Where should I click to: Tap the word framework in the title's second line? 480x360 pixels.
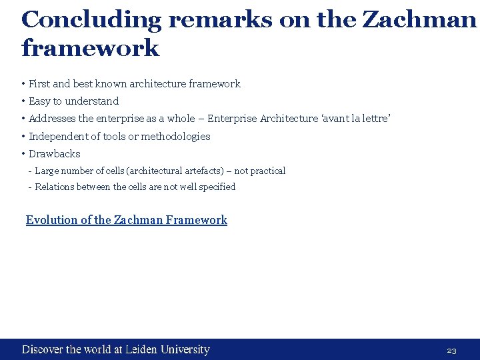[91, 48]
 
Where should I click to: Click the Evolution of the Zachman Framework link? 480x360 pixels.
[126, 220]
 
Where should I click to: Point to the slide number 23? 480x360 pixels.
[451, 351]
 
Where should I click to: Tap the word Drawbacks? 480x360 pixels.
[55, 153]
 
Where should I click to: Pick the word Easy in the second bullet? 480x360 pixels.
[39, 101]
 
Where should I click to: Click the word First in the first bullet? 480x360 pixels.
[39, 84]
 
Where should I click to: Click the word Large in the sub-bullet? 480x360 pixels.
[47, 171]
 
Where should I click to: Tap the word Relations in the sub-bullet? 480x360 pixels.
[55, 187]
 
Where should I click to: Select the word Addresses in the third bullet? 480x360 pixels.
[53, 119]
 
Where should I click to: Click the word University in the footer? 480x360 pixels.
[184, 349]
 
